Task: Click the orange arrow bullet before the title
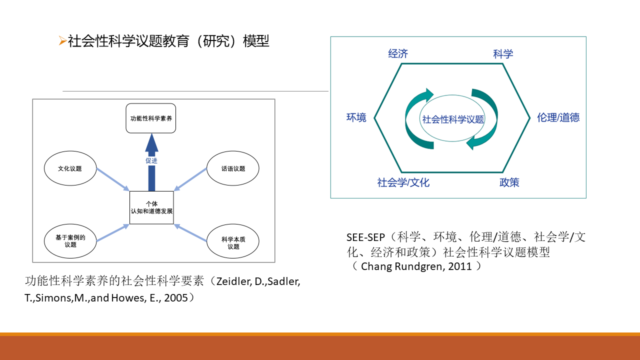[x=62, y=41]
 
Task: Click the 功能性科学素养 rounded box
[x=151, y=118]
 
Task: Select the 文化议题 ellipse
[x=69, y=168]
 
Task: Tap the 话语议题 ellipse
[x=233, y=168]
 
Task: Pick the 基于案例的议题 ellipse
[x=70, y=241]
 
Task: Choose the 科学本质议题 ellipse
[x=233, y=242]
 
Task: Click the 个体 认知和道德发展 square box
[x=151, y=207]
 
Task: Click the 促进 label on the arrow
[x=151, y=161]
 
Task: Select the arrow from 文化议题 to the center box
[x=112, y=179]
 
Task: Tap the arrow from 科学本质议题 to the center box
[x=191, y=233]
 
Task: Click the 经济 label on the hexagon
[x=398, y=54]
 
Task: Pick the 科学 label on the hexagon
[x=503, y=54]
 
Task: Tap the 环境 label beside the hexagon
[x=356, y=117]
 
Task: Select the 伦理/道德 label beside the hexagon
[x=558, y=117]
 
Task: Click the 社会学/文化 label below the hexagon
[x=403, y=182]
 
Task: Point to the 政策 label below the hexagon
[x=509, y=182]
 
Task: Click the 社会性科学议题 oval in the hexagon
[x=453, y=119]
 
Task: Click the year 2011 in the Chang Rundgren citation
[x=459, y=266]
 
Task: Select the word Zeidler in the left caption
[x=232, y=281]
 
